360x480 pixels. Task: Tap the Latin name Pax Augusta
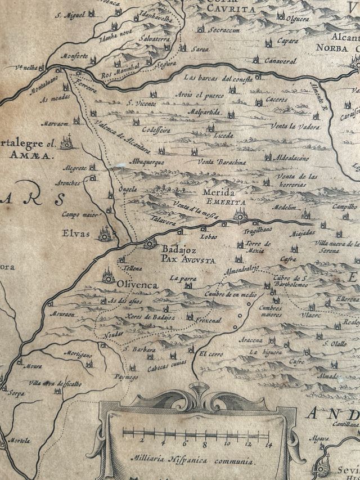pos(188,260)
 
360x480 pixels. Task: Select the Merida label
pos(215,193)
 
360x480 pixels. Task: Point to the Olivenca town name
pos(138,285)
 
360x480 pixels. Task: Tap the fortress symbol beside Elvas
pos(105,231)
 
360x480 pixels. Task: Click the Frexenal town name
pos(209,320)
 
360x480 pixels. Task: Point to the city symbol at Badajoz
pos(149,243)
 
